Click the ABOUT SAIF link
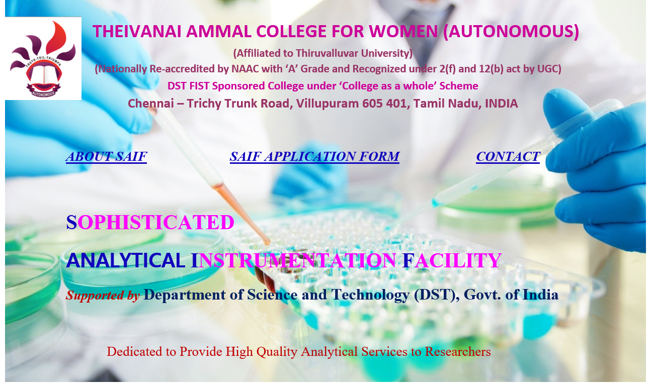(x=106, y=156)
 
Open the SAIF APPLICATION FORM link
(x=314, y=156)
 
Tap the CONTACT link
(x=508, y=156)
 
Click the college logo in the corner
(x=43, y=58)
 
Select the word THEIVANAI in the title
(x=137, y=31)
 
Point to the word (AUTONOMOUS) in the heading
(x=511, y=31)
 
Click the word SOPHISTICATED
(x=150, y=223)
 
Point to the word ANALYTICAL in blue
(x=126, y=260)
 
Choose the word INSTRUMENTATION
(x=293, y=260)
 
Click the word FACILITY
(x=452, y=260)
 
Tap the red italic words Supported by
(x=103, y=296)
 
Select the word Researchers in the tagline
(x=458, y=352)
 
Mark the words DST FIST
(x=189, y=86)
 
